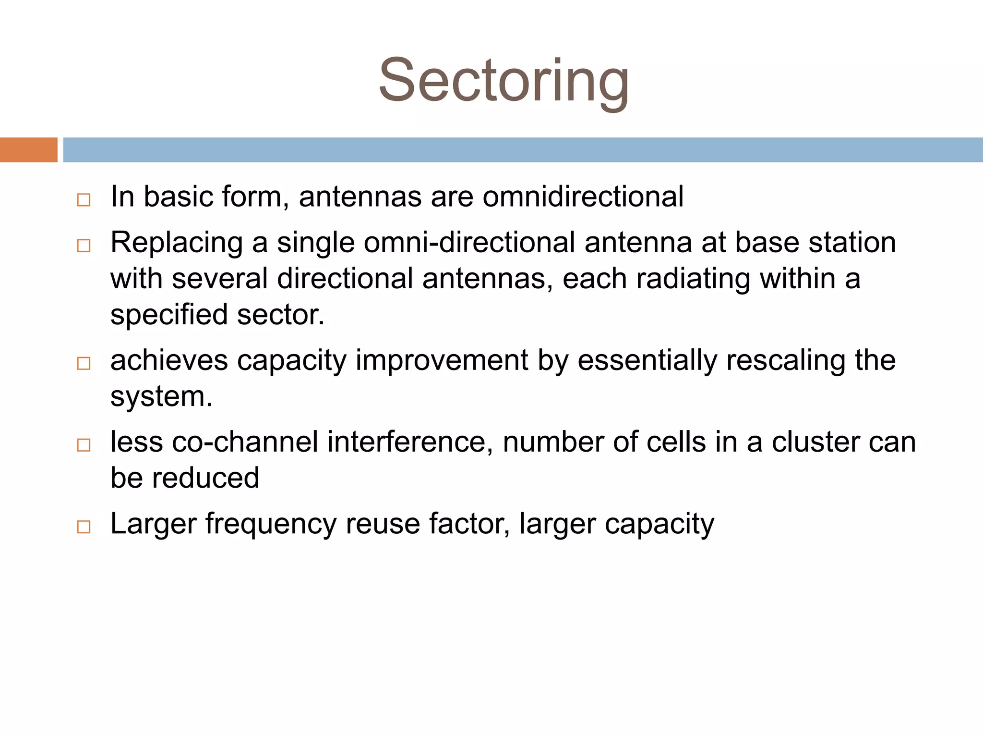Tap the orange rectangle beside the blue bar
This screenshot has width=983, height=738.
click(x=28, y=150)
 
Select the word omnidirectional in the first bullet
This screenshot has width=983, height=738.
click(x=583, y=197)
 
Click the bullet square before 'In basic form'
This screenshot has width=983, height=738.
click(x=84, y=199)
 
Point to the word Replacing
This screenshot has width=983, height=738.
click(x=177, y=243)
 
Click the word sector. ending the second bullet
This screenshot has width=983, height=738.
click(x=281, y=315)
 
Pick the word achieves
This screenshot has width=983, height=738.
click(x=169, y=360)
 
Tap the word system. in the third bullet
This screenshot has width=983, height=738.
click(x=161, y=397)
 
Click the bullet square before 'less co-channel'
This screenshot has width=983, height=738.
click(x=84, y=445)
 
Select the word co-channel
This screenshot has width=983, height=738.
click(x=245, y=442)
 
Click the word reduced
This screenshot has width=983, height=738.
click(x=205, y=478)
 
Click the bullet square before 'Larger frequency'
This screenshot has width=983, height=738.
click(x=84, y=527)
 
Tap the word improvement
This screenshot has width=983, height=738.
click(x=442, y=360)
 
